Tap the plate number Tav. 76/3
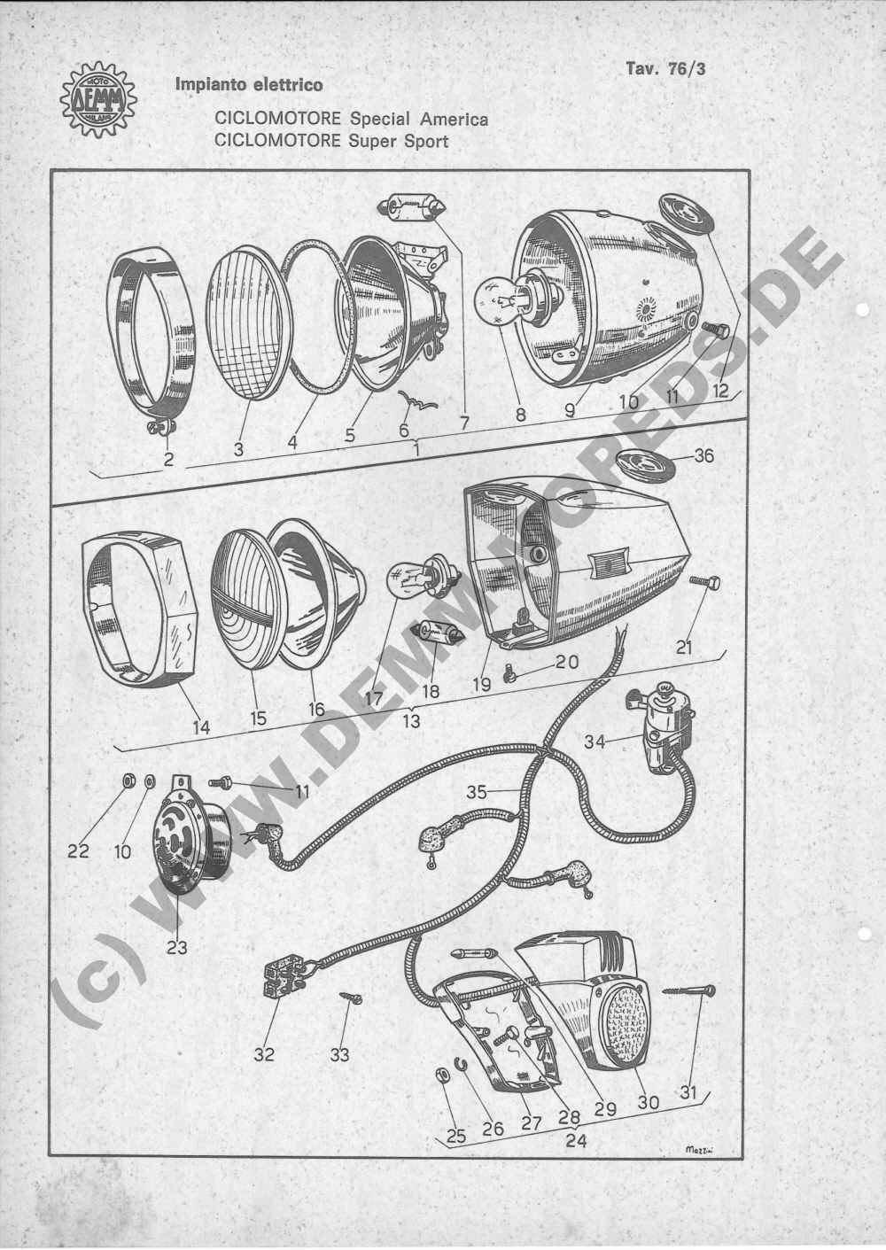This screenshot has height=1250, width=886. [x=665, y=68]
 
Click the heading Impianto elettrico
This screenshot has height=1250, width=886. [x=249, y=85]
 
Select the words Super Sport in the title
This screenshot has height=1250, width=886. [x=399, y=141]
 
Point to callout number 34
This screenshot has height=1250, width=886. [x=595, y=742]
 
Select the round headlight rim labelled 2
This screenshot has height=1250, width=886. [x=151, y=341]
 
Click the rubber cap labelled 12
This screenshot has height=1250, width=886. [x=688, y=214]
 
